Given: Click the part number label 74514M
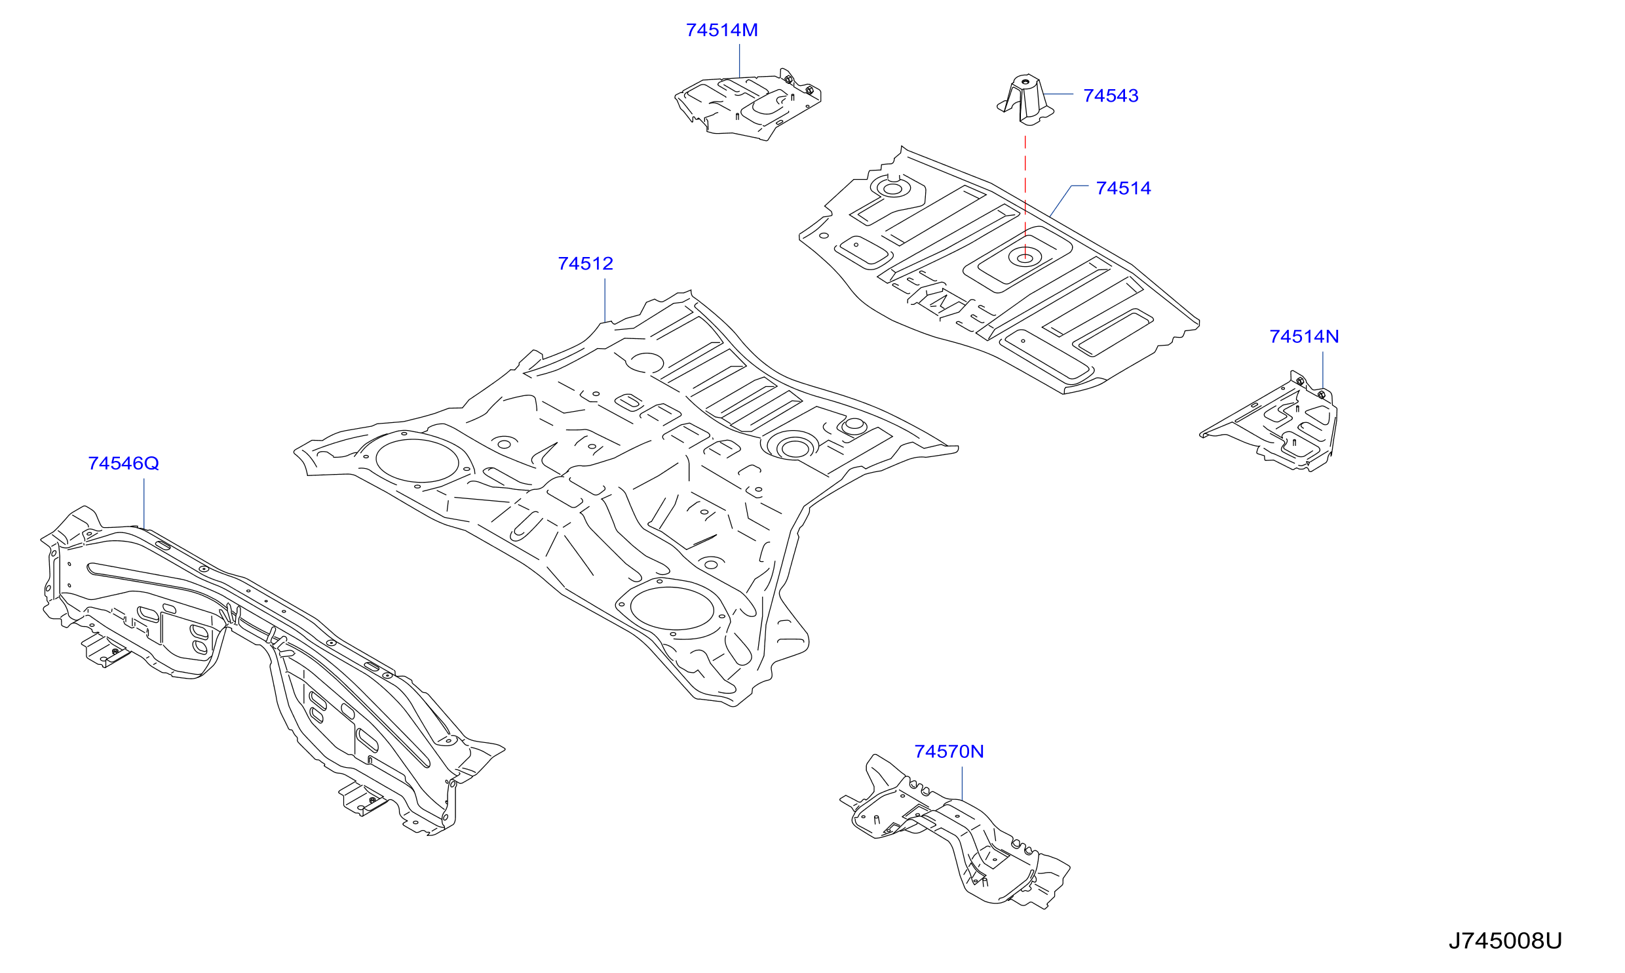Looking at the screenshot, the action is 721,30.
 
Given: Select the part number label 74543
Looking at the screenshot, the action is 1111,96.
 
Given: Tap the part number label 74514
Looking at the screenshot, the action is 1123,188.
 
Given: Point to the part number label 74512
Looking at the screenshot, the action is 585,264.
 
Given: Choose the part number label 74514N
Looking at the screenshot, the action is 1304,336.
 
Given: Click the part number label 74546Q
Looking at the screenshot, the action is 123,464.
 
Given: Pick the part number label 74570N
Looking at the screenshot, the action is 949,751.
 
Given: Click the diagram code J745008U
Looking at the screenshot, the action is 1505,941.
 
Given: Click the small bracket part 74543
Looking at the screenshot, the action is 1025,99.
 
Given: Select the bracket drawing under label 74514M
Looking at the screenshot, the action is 747,105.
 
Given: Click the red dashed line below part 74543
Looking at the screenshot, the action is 1025,197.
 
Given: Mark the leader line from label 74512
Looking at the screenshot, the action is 605,300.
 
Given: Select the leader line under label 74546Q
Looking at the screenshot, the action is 143,504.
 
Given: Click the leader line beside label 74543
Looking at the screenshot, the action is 1058,94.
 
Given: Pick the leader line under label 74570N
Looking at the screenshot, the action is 962,784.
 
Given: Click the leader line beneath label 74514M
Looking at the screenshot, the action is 739,61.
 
